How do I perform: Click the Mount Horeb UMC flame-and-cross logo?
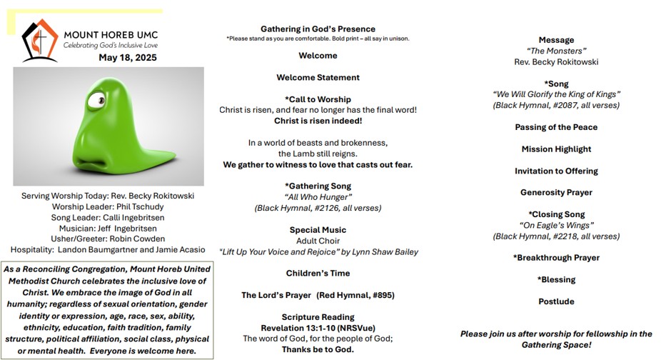tap(39, 39)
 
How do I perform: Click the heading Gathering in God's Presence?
tap(318, 29)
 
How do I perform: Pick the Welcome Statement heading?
tap(318, 77)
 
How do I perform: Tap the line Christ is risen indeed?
tap(318, 121)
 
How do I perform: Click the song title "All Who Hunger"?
tap(318, 197)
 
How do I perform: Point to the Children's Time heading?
tap(318, 273)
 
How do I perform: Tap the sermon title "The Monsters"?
tap(556, 51)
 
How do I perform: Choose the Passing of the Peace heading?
tap(556, 127)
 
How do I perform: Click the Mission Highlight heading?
tap(556, 149)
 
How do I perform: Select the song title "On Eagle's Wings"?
tap(556, 226)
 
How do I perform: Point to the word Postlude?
tap(556, 301)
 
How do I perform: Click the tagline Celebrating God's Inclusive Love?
tap(111, 45)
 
